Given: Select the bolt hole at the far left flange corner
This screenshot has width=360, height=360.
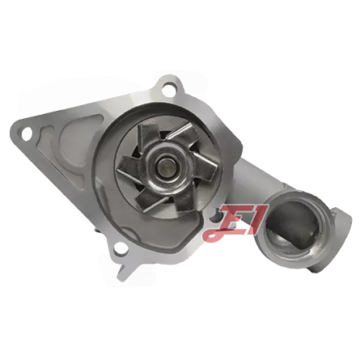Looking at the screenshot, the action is pyautogui.click(x=26, y=133).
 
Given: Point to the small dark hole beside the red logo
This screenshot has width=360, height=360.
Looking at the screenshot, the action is pyautogui.click(x=215, y=214).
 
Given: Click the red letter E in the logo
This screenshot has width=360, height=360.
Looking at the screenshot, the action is pyautogui.click(x=230, y=218).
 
